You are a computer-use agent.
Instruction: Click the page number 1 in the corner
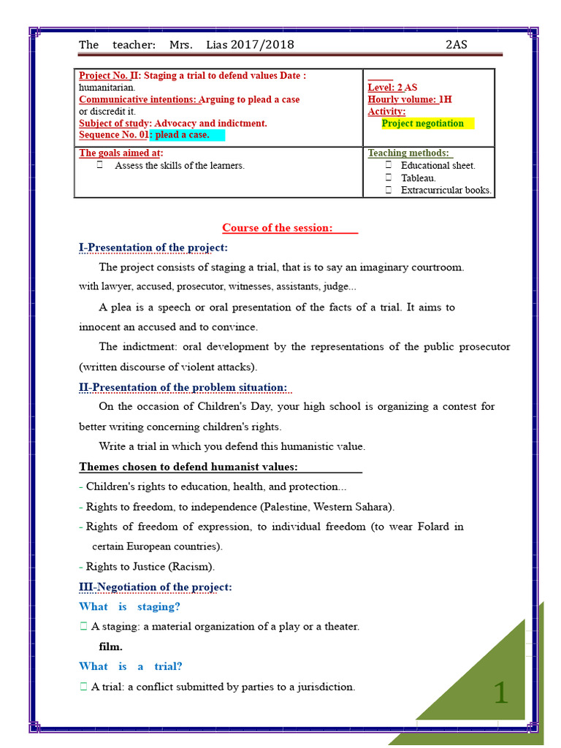500,692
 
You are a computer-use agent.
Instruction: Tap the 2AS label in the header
457,45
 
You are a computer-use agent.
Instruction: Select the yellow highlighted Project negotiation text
423,123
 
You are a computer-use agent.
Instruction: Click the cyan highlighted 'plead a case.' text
183,135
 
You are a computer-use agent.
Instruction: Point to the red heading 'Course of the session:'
277,228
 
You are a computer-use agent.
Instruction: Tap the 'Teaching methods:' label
408,153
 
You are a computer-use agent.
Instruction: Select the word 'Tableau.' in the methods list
419,178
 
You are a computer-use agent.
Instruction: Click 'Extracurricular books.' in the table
446,191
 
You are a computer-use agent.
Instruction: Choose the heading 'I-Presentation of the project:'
153,248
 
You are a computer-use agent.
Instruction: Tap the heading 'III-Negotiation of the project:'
155,587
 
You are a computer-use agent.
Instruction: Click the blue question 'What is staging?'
129,606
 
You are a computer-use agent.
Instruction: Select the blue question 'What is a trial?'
131,666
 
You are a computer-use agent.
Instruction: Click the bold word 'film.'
111,646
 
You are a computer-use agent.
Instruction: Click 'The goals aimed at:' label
121,153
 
